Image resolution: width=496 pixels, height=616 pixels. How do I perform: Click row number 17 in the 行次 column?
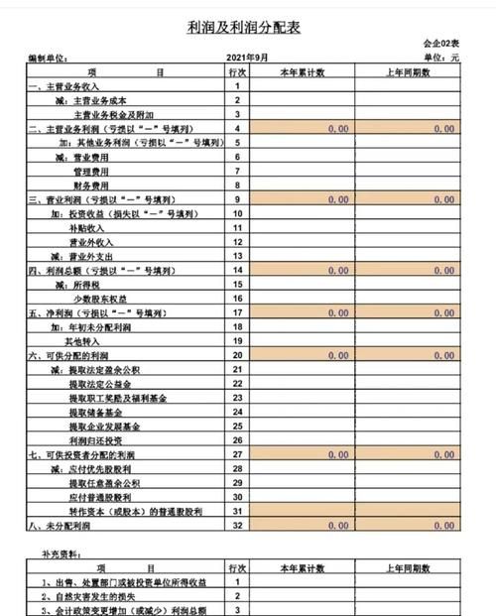point(238,311)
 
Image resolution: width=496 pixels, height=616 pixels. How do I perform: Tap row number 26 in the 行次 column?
point(238,438)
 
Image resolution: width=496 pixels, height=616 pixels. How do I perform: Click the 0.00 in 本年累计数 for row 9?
point(337,199)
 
